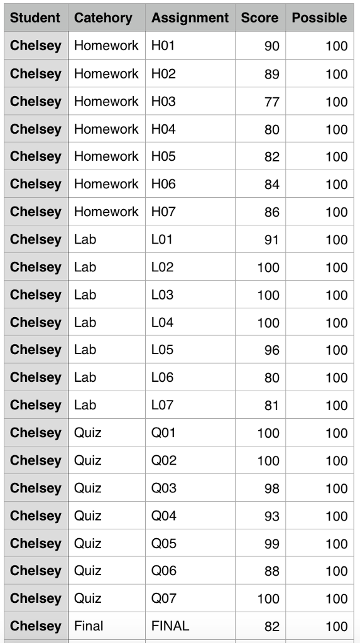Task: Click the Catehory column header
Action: pos(103,18)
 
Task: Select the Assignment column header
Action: pos(190,18)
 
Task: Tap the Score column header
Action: pos(259,18)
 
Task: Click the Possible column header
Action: pos(319,18)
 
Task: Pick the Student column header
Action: pos(36,18)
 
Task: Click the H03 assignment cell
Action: pos(163,101)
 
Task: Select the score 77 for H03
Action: pos(271,102)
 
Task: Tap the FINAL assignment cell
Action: pos(170,626)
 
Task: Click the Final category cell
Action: pos(89,626)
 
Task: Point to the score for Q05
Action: pos(271,544)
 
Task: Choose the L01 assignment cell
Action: pos(161,239)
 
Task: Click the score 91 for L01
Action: pos(271,240)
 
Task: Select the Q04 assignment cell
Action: pos(163,516)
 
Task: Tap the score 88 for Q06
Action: pos(271,571)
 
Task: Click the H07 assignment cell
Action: pos(163,212)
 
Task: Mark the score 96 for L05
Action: pos(271,350)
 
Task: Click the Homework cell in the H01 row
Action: pos(106,46)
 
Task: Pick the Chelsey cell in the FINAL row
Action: pos(36,626)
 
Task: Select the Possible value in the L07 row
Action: pos(336,406)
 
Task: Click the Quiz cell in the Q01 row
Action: pos(87,433)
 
